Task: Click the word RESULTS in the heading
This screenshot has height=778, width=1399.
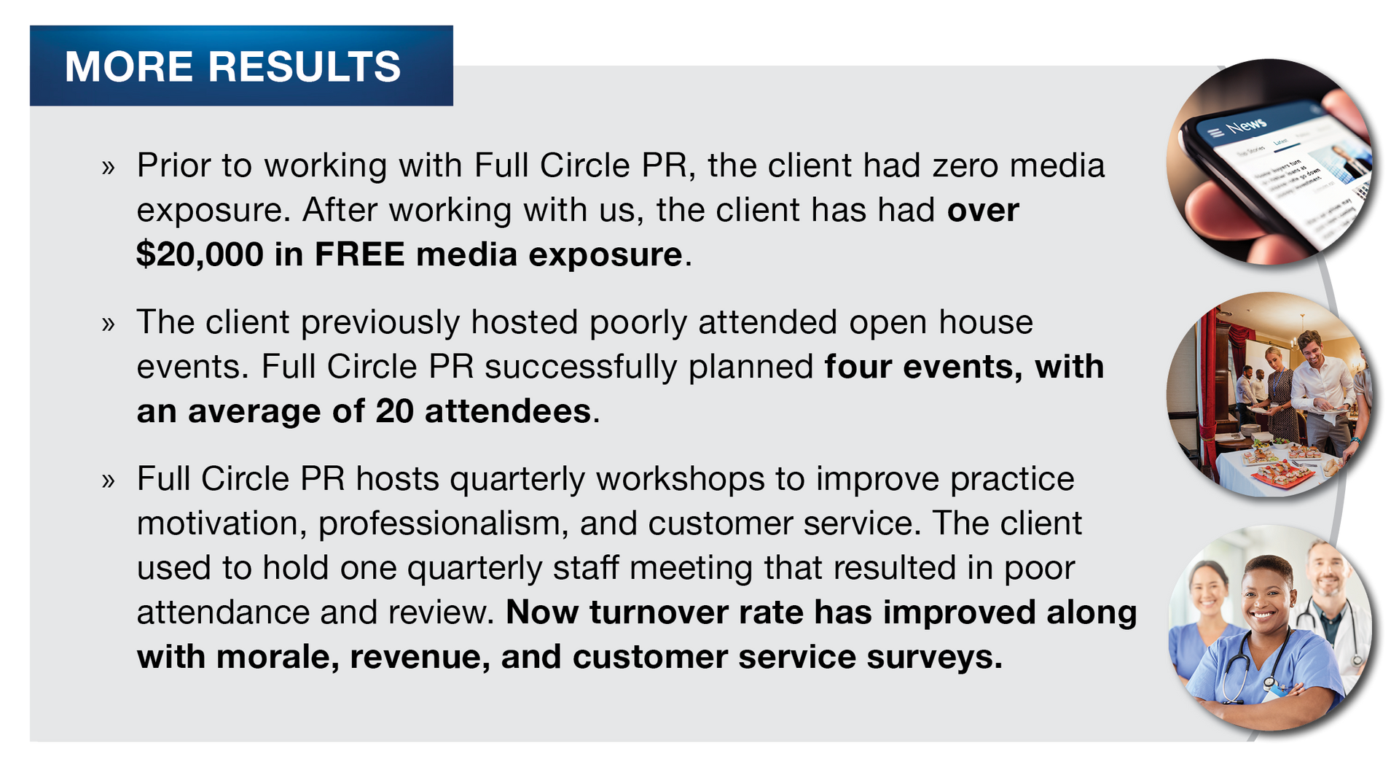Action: [x=305, y=66]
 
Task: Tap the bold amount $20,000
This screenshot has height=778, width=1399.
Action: [x=200, y=255]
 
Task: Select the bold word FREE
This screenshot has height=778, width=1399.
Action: [x=359, y=254]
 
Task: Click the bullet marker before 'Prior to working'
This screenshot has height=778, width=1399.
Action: [x=109, y=168]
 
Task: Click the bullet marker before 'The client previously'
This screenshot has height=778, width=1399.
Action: [x=109, y=324]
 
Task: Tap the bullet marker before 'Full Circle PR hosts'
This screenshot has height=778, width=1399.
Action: [x=109, y=481]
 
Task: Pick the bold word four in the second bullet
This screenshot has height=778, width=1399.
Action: [x=858, y=367]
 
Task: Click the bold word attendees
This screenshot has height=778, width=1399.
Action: [x=507, y=412]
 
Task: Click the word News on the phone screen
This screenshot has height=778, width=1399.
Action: [x=1246, y=125]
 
